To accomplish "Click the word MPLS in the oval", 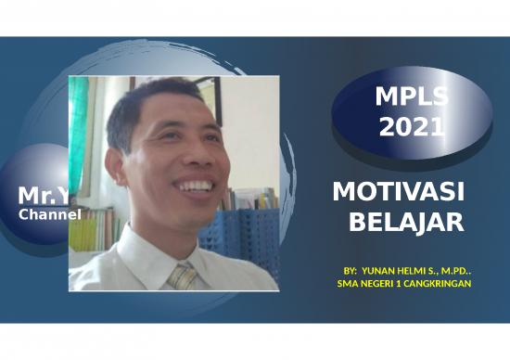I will point(412,96).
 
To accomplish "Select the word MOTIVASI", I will point(399,193).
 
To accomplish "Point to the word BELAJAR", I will point(406,223).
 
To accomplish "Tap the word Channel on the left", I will point(50,214).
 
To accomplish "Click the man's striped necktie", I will point(183,276).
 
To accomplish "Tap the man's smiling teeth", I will point(196,186).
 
